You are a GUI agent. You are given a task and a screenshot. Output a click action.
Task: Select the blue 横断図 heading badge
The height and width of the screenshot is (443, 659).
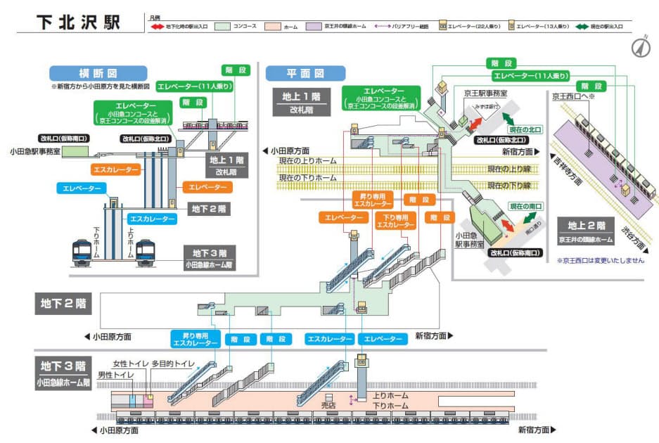pyautogui.click(x=98, y=73)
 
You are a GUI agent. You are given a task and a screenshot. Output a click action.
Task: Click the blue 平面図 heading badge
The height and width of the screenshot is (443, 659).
pyautogui.click(x=306, y=73)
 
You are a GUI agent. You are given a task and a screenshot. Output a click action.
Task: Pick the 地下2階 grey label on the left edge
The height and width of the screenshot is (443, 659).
pyautogui.click(x=63, y=304)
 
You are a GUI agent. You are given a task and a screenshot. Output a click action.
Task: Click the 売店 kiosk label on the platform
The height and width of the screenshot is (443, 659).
pyautogui.click(x=328, y=406)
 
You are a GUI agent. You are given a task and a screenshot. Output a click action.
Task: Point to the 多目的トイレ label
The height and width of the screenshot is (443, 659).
pyautogui.click(x=172, y=364)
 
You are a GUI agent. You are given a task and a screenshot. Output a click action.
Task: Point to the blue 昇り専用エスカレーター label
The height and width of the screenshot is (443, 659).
pyautogui.click(x=194, y=339)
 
